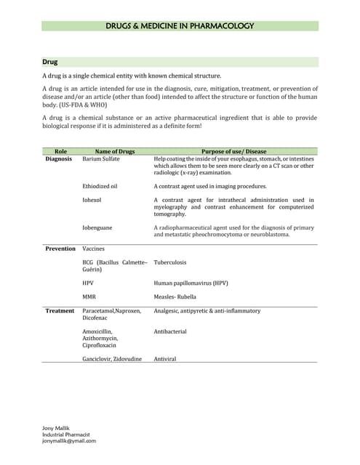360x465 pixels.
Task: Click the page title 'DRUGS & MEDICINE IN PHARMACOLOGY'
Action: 180,26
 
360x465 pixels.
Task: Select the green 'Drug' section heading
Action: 50,62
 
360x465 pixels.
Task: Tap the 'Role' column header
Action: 60,151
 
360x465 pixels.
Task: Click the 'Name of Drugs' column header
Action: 115,151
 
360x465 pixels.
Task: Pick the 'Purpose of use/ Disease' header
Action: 233,151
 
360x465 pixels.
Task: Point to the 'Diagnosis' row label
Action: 59,158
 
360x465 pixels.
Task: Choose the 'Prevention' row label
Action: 60,248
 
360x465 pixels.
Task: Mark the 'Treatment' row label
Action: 60,310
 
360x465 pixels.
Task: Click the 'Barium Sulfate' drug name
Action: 101,158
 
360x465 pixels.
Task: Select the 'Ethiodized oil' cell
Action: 100,186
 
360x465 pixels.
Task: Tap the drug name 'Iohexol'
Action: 93,200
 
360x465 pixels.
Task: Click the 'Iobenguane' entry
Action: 97,227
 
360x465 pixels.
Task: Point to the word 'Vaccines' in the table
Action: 94,248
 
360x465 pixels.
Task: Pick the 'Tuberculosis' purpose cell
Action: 172,262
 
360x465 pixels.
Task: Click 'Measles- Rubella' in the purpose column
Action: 176,296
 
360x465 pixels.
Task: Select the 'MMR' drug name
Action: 89,296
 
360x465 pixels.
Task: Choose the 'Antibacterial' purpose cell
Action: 170,331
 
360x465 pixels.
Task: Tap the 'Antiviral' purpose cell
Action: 165,359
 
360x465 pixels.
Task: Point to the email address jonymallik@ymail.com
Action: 69,440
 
